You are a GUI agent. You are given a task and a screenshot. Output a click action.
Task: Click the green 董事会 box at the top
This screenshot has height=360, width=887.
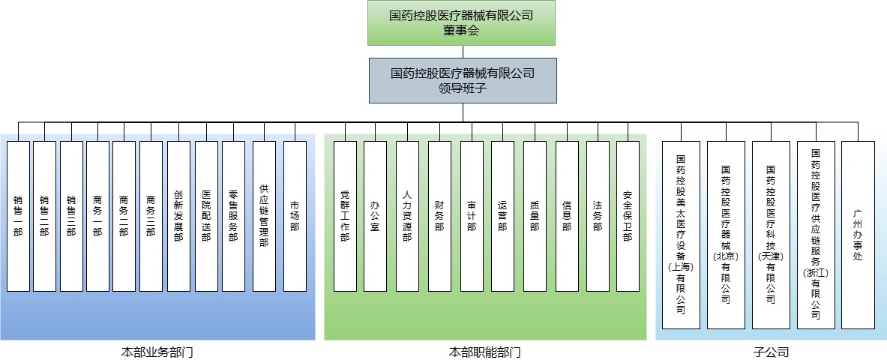(x=462, y=22)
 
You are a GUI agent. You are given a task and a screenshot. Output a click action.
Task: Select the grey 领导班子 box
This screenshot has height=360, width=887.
(x=462, y=80)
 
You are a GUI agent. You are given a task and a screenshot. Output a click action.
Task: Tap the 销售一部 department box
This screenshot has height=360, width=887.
(x=18, y=216)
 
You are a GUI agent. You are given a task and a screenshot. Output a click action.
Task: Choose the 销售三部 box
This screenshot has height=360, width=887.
(x=71, y=216)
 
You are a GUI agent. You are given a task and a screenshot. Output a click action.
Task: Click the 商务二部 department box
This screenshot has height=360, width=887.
(x=124, y=216)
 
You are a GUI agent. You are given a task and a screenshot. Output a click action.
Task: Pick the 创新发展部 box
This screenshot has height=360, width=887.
(x=178, y=216)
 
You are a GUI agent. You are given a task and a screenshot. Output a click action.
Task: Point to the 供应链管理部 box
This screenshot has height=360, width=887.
(x=264, y=216)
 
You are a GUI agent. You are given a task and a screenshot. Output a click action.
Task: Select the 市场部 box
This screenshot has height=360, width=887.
(x=295, y=216)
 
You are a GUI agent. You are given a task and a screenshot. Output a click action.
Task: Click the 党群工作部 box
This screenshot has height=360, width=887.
(x=345, y=216)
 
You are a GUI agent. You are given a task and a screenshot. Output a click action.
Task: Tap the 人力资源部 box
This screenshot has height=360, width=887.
(x=407, y=216)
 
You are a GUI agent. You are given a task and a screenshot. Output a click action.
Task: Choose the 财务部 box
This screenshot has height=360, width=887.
(x=439, y=216)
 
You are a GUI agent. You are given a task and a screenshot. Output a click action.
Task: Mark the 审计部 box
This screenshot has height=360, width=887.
(x=472, y=216)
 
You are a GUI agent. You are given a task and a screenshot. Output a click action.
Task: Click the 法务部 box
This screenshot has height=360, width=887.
(x=598, y=216)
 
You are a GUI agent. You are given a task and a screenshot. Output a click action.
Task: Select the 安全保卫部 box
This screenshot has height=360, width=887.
(x=628, y=216)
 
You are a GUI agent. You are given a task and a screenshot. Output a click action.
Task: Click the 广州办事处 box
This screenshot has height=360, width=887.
(x=858, y=235)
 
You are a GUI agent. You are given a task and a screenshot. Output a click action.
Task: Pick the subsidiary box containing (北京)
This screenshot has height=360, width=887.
(x=726, y=235)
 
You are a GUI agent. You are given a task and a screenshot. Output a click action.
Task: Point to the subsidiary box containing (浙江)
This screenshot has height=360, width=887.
(x=815, y=235)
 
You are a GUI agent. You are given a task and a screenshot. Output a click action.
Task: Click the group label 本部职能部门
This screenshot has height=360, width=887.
(x=484, y=351)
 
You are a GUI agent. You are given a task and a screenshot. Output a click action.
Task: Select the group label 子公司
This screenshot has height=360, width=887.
(x=771, y=351)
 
